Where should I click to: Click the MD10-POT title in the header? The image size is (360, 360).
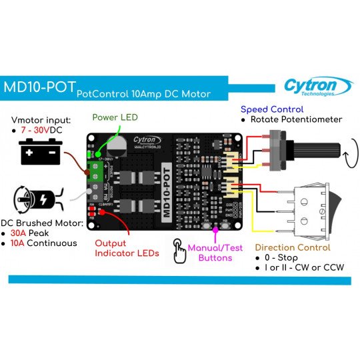pyautogui.click(x=39, y=89)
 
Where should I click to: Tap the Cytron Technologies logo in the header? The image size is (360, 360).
pyautogui.click(x=317, y=87)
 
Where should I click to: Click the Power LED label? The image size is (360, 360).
pyautogui.click(x=115, y=117)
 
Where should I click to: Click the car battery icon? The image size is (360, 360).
pyautogui.click(x=40, y=152)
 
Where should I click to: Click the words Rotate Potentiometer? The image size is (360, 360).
pyautogui.click(x=296, y=119)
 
